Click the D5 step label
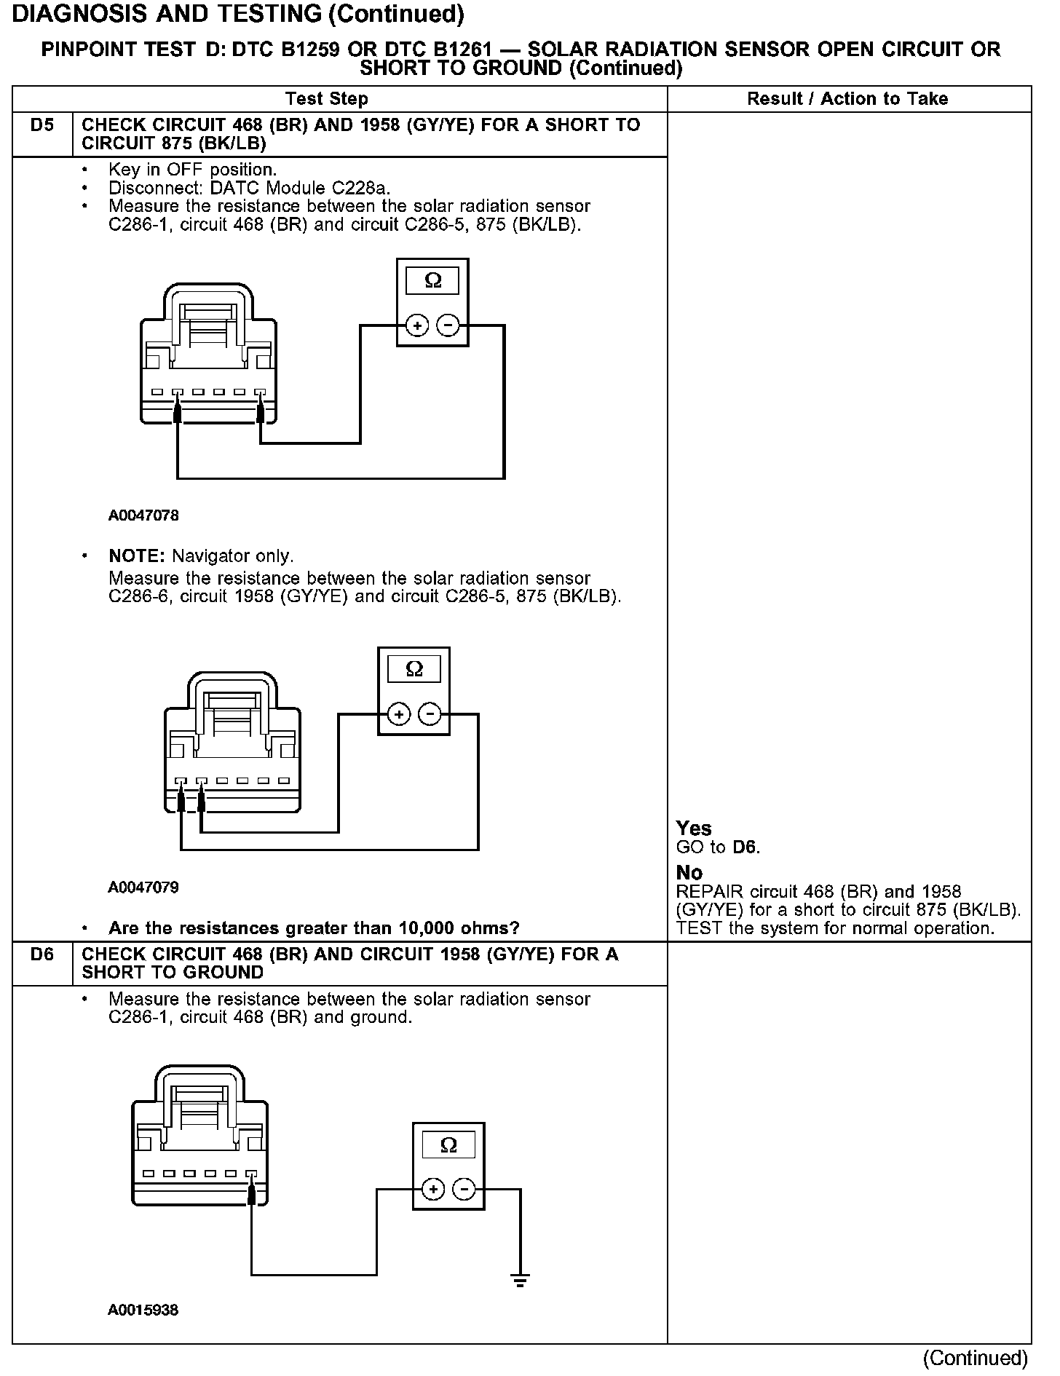tap(42, 125)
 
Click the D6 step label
tap(42, 954)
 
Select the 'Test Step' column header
tap(327, 99)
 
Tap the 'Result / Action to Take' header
tap(847, 99)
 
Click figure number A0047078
tap(143, 515)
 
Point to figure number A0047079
tap(143, 887)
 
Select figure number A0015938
tap(143, 1310)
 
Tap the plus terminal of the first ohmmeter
tap(417, 325)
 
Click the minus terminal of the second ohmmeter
tap(430, 714)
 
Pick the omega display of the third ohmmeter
tap(448, 1145)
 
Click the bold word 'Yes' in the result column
tap(693, 829)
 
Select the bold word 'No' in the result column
tap(689, 873)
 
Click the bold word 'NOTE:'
tap(138, 556)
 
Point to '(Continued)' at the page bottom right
tap(975, 1359)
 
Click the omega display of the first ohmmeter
tap(432, 281)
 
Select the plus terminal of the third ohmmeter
tap(433, 1190)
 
